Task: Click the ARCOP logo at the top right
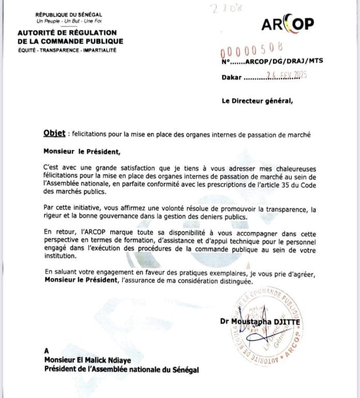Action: pos(287,24)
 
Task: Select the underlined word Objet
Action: pos(55,134)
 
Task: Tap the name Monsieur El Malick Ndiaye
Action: pos(87,361)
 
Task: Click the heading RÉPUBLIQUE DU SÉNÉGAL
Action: pos(69,14)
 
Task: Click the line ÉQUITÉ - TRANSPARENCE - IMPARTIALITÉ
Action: pos(67,50)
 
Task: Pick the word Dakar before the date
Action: pos(232,78)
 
